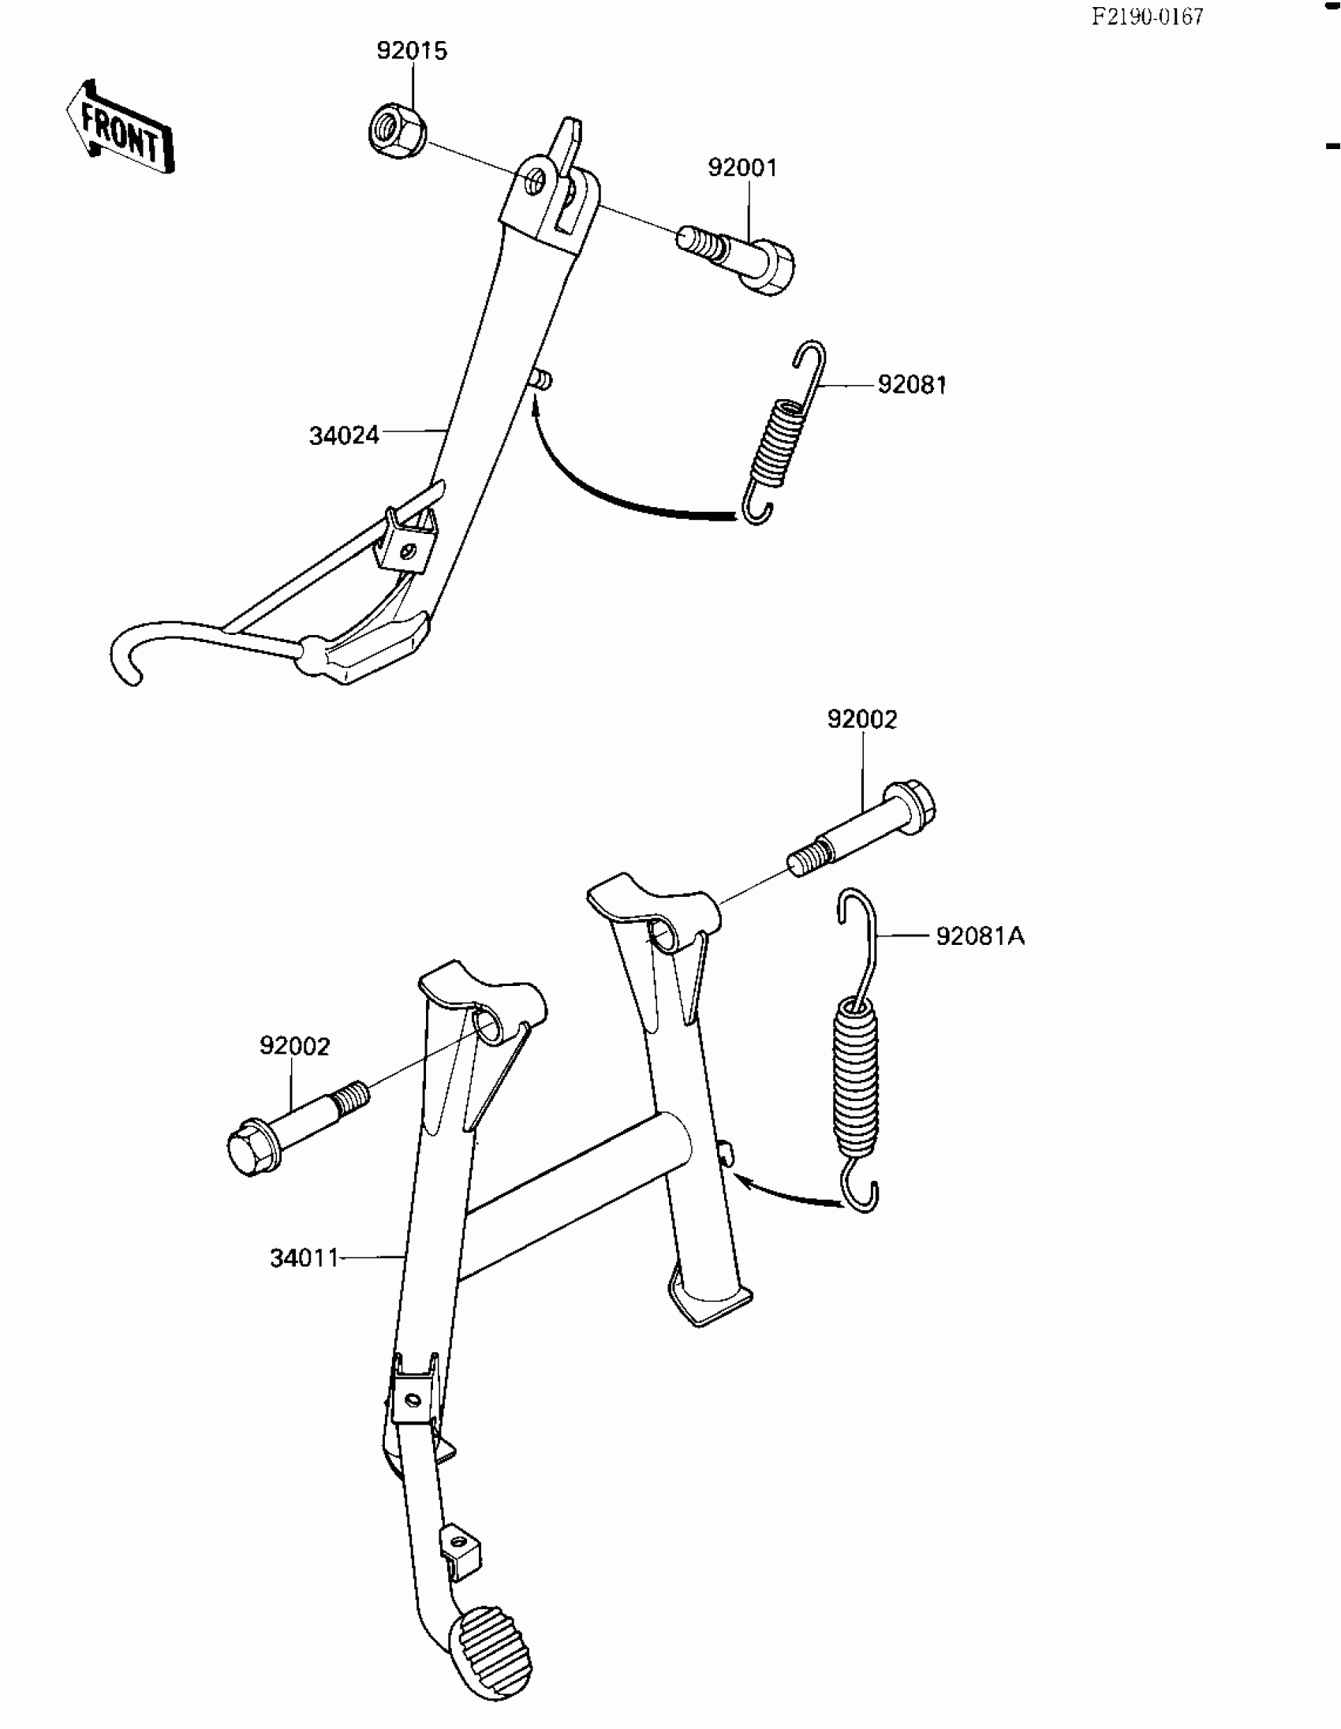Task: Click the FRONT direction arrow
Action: coord(121,129)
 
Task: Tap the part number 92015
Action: coord(412,50)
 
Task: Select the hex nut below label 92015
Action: coord(396,130)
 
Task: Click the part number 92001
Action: coord(741,168)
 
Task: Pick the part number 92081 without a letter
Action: coord(912,385)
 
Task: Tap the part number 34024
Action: coord(344,435)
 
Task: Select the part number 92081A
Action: coord(980,936)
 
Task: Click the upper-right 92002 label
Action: coord(862,719)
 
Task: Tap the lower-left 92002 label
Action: coord(294,1047)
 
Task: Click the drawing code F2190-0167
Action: coord(1147,17)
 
